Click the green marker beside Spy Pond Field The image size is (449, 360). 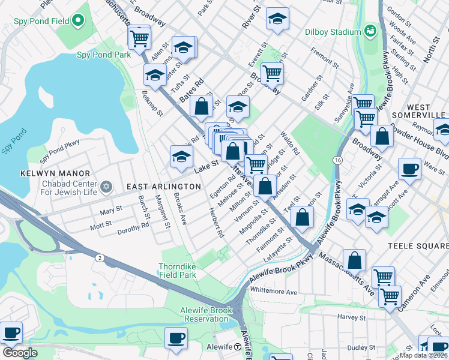coord(77,22)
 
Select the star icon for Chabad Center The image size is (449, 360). coord(106,187)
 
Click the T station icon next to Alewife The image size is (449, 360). coord(238,347)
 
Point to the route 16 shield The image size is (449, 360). coord(337,160)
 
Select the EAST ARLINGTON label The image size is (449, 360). coord(163,187)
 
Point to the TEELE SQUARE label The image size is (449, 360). coord(417,246)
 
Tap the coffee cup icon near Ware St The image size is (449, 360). coord(409,169)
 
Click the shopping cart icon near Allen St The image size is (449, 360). coord(139,38)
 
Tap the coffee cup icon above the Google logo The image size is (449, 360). coord(11,332)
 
